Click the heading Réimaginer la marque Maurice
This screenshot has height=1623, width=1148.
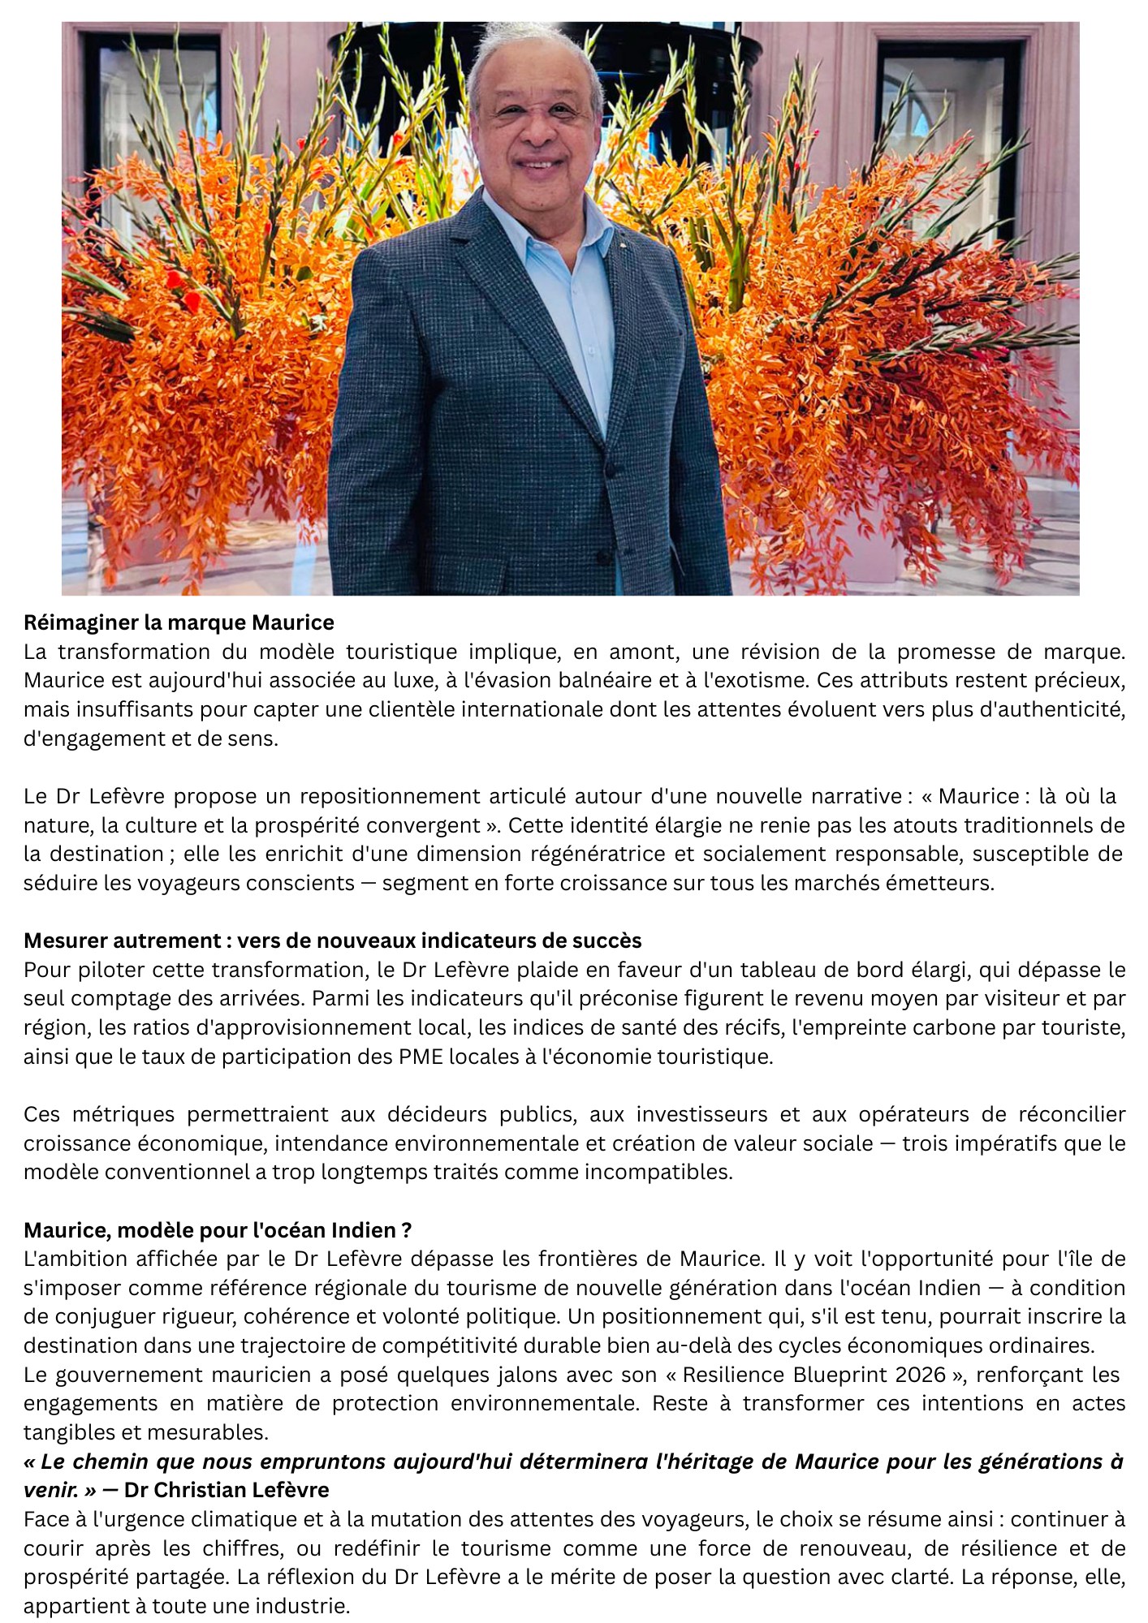point(179,622)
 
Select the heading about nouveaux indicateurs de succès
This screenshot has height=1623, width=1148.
point(332,941)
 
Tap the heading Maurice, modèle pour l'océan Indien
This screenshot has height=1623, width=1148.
point(217,1230)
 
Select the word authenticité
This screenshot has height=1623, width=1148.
point(1053,710)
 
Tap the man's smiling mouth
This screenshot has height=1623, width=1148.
point(539,165)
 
